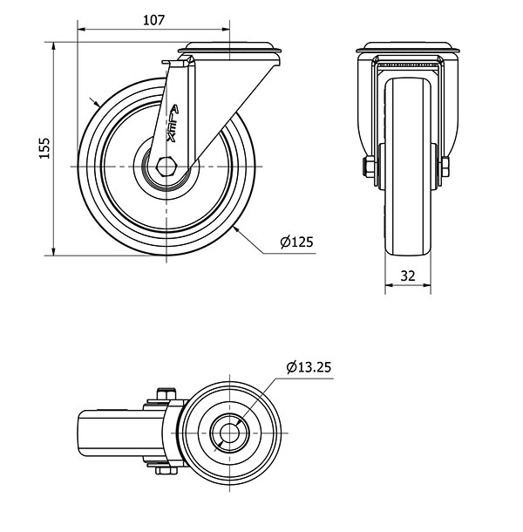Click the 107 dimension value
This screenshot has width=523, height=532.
click(153, 20)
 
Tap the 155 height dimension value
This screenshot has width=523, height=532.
click(44, 148)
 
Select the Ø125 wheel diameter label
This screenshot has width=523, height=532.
click(296, 242)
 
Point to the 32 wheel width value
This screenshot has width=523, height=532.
click(408, 276)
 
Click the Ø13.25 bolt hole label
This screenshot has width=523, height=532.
click(309, 367)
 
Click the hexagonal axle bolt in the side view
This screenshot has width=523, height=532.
click(166, 167)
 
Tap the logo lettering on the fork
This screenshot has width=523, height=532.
click(173, 124)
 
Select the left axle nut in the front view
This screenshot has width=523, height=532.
click(368, 167)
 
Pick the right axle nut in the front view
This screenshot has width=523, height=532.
click(445, 167)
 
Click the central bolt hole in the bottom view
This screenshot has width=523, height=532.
click(229, 433)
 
